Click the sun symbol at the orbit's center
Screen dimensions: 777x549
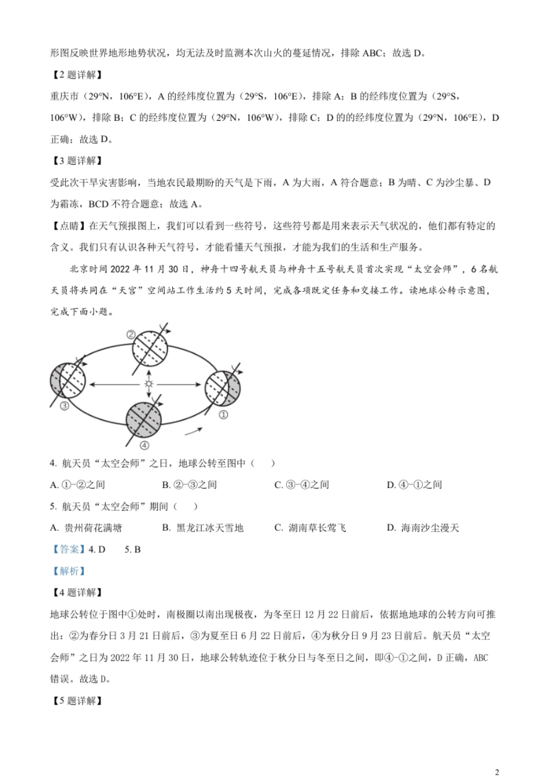pos(149,384)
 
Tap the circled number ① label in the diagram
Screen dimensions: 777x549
pos(223,414)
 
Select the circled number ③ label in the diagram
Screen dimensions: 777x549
pos(65,406)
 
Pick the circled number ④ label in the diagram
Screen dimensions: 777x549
pos(144,445)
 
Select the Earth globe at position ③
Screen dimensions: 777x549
pos(68,381)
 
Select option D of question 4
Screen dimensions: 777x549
pos(414,485)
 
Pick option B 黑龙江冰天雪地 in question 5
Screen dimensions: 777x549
pos(203,527)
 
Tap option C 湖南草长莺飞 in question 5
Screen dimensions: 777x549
pos(310,527)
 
